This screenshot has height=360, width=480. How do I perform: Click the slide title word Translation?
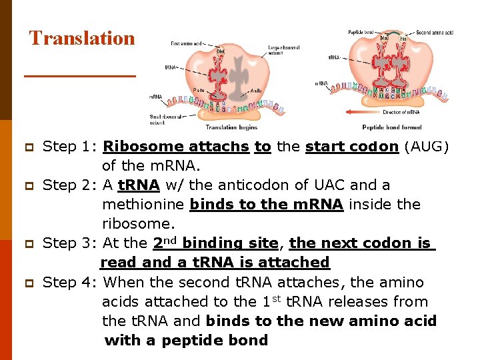82,38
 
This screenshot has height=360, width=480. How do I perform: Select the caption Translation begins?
231,127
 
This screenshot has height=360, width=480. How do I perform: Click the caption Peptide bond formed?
391,127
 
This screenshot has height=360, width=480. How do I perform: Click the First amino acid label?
186,43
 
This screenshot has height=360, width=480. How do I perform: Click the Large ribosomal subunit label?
283,50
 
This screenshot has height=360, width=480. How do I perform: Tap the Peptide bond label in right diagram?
359,32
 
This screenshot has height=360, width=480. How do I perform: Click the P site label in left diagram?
199,89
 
